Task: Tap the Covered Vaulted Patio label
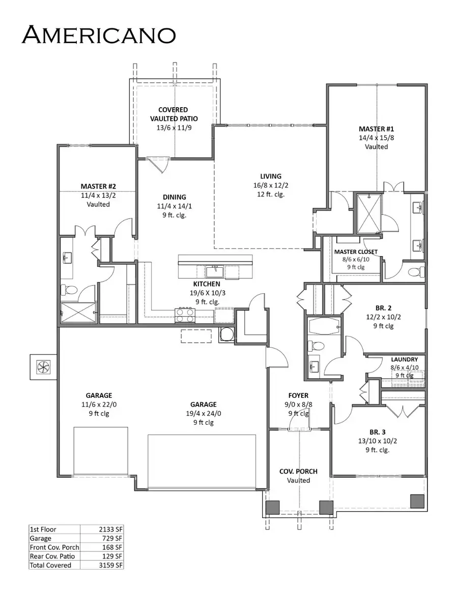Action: click(x=173, y=114)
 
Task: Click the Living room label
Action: click(x=270, y=176)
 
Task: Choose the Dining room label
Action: click(x=175, y=197)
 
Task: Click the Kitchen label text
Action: click(x=206, y=284)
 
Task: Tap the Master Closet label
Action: click(x=356, y=252)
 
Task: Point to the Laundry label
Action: click(x=404, y=359)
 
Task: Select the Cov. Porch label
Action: click(x=298, y=472)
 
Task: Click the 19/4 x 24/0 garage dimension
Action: click(x=203, y=414)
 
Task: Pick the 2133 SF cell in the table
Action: click(x=111, y=529)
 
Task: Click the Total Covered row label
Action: click(x=51, y=565)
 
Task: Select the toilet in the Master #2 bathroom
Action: click(x=70, y=291)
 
